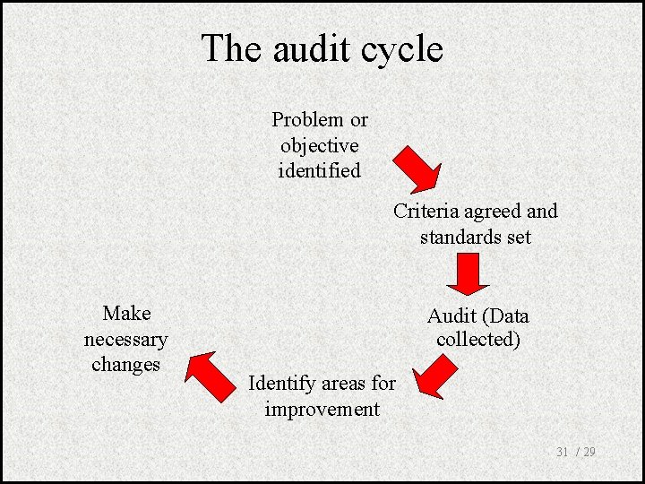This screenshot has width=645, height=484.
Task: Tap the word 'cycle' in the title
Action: click(400, 50)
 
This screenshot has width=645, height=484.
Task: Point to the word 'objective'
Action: click(319, 146)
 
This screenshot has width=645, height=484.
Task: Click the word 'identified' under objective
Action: click(319, 170)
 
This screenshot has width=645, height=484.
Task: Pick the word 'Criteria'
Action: click(426, 212)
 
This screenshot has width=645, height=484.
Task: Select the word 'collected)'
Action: click(478, 341)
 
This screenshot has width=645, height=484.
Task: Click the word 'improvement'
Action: click(322, 410)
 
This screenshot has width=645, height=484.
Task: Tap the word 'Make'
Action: click(126, 314)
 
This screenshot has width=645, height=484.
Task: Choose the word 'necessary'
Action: click(125, 340)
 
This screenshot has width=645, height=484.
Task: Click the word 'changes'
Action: click(125, 365)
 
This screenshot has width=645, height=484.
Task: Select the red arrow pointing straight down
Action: click(468, 273)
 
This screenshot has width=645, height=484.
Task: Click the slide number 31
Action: click(563, 453)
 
